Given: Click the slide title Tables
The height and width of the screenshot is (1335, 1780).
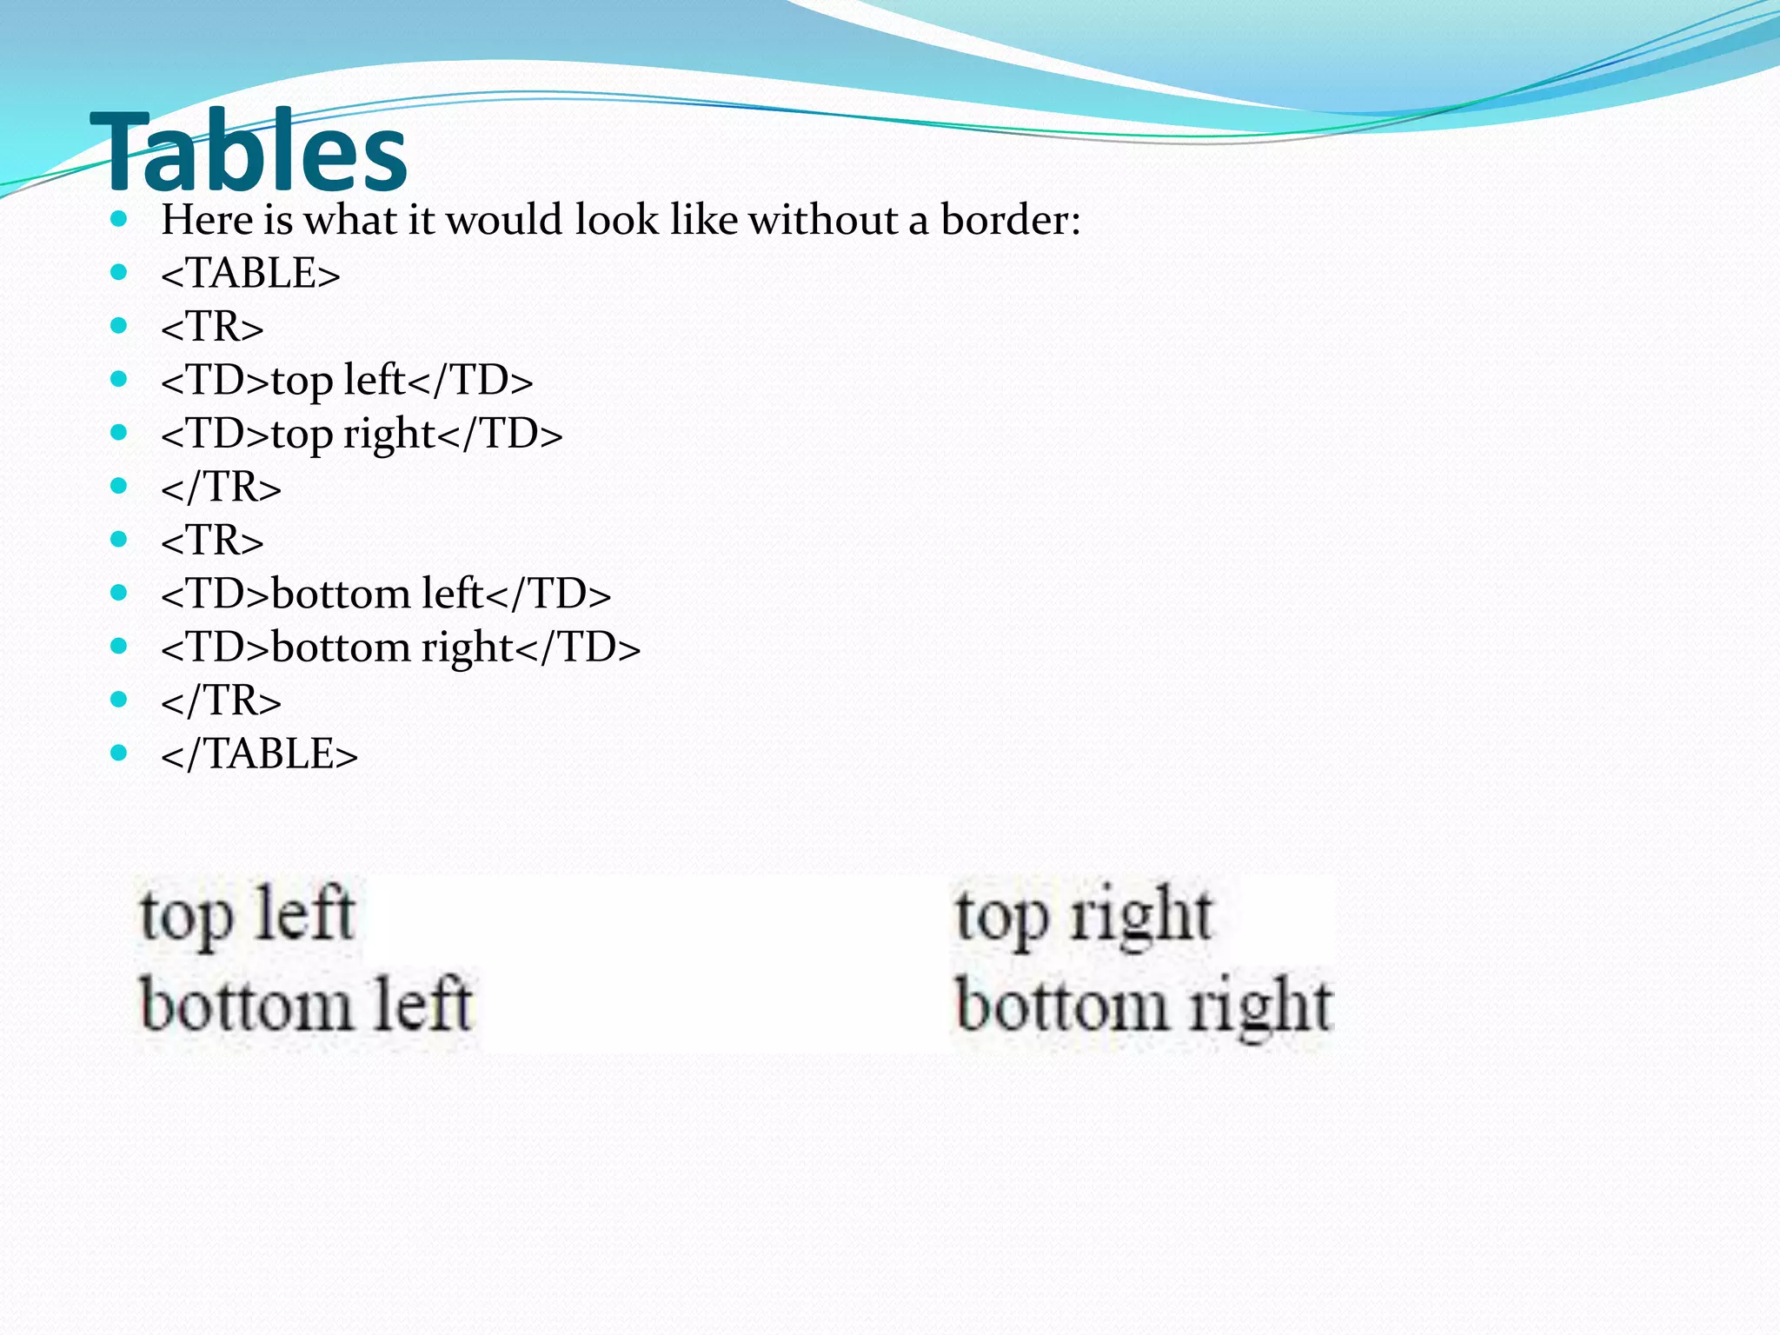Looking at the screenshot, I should click(x=249, y=152).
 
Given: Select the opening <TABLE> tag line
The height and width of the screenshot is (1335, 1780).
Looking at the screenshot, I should click(x=250, y=274).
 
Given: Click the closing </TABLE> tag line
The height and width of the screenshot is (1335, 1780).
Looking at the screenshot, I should click(x=259, y=754).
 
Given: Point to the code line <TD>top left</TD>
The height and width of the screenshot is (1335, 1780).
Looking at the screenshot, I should click(x=347, y=381).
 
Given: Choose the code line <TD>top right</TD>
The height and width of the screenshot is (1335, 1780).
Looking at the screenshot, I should click(x=362, y=434).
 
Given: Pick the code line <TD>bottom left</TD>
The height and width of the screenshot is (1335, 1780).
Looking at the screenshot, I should click(x=386, y=594).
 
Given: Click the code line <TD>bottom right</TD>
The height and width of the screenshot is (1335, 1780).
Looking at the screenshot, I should click(x=401, y=648).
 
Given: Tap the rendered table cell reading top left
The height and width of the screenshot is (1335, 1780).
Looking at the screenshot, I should click(x=247, y=915).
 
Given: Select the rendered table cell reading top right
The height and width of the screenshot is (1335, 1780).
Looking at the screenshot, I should click(x=1083, y=915).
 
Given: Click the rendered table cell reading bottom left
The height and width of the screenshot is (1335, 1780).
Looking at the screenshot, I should click(x=305, y=1006).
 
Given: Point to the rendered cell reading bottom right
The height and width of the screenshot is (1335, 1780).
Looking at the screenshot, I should click(x=1143, y=1006).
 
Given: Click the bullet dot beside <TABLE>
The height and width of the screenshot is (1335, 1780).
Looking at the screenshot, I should click(x=120, y=272).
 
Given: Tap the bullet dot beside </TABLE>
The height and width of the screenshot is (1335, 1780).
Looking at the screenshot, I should click(x=120, y=752).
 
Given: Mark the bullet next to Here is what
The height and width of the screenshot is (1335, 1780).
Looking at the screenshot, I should click(x=120, y=218).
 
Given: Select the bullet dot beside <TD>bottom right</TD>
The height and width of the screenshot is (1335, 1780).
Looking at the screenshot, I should click(x=120, y=646).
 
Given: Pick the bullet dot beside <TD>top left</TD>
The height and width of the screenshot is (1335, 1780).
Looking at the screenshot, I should click(x=120, y=379).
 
